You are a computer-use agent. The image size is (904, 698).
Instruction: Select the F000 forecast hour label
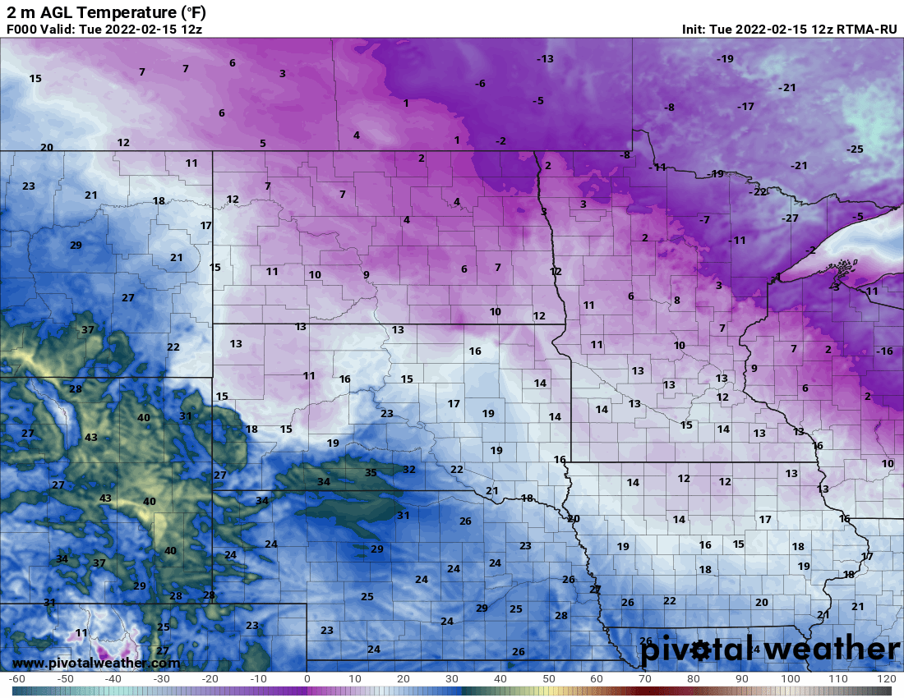pyautogui.click(x=23, y=30)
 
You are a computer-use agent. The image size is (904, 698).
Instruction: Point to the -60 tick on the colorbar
pyautogui.click(x=16, y=679)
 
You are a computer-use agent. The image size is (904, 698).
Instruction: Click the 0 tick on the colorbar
pyautogui.click(x=307, y=679)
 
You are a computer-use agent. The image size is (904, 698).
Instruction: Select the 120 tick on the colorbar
pyautogui.click(x=886, y=679)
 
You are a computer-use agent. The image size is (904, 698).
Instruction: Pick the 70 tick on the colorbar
pyautogui.click(x=645, y=679)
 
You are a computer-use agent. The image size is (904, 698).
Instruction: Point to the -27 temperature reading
pyautogui.click(x=790, y=218)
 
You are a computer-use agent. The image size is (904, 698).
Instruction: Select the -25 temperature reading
pyautogui.click(x=855, y=149)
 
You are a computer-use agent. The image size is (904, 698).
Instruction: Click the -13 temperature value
pyautogui.click(x=545, y=58)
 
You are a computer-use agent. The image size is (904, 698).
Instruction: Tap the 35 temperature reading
pyautogui.click(x=371, y=473)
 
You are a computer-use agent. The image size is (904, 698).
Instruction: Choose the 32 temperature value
pyautogui.click(x=408, y=469)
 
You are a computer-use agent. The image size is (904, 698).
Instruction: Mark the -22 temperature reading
pyautogui.click(x=758, y=192)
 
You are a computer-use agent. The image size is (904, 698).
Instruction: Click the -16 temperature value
pyautogui.click(x=883, y=351)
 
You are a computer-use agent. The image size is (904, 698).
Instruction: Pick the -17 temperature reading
pyautogui.click(x=745, y=107)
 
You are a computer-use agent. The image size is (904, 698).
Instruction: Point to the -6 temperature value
pyautogui.click(x=480, y=84)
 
